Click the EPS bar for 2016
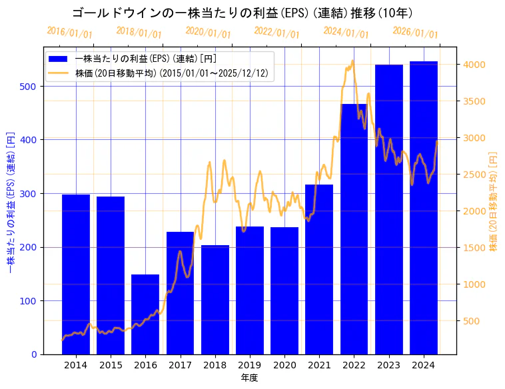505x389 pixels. [145, 314]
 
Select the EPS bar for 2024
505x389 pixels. [424, 208]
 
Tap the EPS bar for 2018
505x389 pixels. [215, 300]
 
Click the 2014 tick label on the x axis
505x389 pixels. [76, 366]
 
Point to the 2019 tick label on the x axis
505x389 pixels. [250, 366]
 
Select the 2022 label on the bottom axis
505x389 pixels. [354, 366]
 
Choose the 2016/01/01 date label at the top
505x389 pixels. [70, 33]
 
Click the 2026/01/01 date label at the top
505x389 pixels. [416, 33]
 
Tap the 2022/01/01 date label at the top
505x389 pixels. [277, 33]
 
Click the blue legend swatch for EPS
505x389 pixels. [59, 59]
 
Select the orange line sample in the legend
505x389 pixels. [59, 73]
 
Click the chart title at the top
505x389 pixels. [242, 13]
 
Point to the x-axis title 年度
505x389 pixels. [249, 378]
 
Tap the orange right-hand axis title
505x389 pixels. [494, 200]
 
